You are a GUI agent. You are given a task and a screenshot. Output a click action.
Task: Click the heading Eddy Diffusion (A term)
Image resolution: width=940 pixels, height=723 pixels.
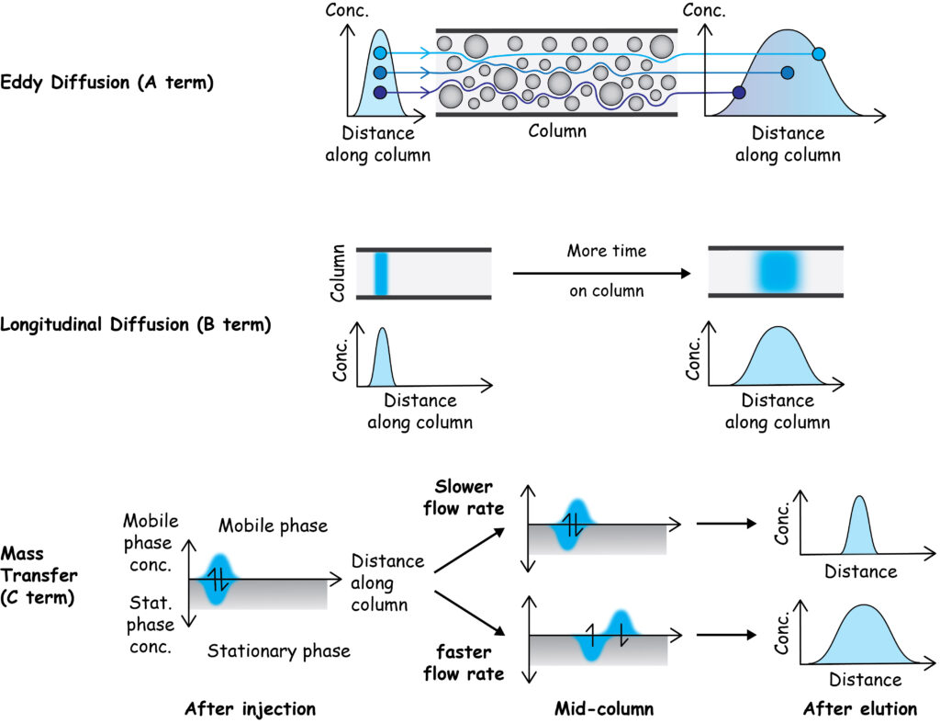pos(108,83)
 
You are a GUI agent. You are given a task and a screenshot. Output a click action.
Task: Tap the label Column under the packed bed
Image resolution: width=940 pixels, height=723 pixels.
pos(556,130)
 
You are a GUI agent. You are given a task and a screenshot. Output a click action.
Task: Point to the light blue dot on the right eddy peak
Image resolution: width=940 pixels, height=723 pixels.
pos(819,54)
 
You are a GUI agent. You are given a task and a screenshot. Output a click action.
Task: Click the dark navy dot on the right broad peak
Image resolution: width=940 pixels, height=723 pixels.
pos(740,92)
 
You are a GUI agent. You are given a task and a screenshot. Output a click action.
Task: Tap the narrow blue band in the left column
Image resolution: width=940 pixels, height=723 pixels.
pos(382,274)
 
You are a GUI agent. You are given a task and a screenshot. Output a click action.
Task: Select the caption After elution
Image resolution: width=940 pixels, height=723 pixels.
pos(859,708)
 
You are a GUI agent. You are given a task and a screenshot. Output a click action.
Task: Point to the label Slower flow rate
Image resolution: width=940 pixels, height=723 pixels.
pos(464,498)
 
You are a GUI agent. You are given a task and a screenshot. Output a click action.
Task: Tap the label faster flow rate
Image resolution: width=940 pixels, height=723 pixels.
pos(464,661)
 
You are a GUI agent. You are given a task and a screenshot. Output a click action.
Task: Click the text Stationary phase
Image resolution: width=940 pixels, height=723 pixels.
pos(279,651)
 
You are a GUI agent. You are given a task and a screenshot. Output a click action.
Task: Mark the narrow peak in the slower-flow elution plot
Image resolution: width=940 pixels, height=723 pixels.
pos(859,533)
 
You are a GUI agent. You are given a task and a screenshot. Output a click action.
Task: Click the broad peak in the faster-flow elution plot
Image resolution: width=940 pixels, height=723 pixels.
pos(863,638)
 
